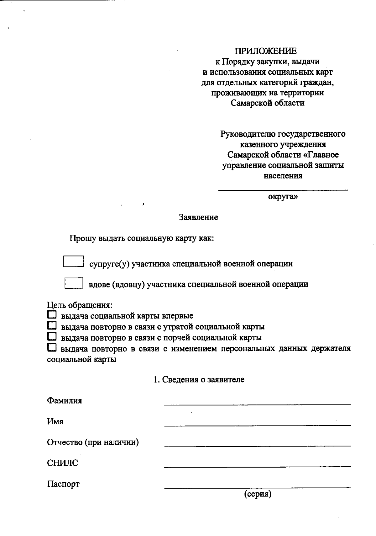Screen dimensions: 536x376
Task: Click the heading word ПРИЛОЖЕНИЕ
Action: click(x=266, y=51)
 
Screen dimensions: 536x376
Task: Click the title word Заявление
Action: click(x=198, y=217)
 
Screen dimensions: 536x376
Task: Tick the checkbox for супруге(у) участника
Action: click(x=73, y=261)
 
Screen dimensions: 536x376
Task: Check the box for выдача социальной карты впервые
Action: click(x=52, y=315)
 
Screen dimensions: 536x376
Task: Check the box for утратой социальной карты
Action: click(x=52, y=326)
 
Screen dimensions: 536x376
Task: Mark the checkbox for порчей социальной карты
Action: click(x=52, y=337)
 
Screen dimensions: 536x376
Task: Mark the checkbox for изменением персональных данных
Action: click(x=52, y=348)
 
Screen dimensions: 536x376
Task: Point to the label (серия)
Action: click(x=258, y=494)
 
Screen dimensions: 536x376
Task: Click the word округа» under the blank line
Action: click(x=283, y=197)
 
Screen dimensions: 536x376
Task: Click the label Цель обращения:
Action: click(x=80, y=305)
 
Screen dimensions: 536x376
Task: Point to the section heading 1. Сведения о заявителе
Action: click(x=199, y=379)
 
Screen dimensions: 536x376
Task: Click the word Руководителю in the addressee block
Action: click(x=248, y=134)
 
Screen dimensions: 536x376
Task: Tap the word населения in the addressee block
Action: click(x=283, y=176)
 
